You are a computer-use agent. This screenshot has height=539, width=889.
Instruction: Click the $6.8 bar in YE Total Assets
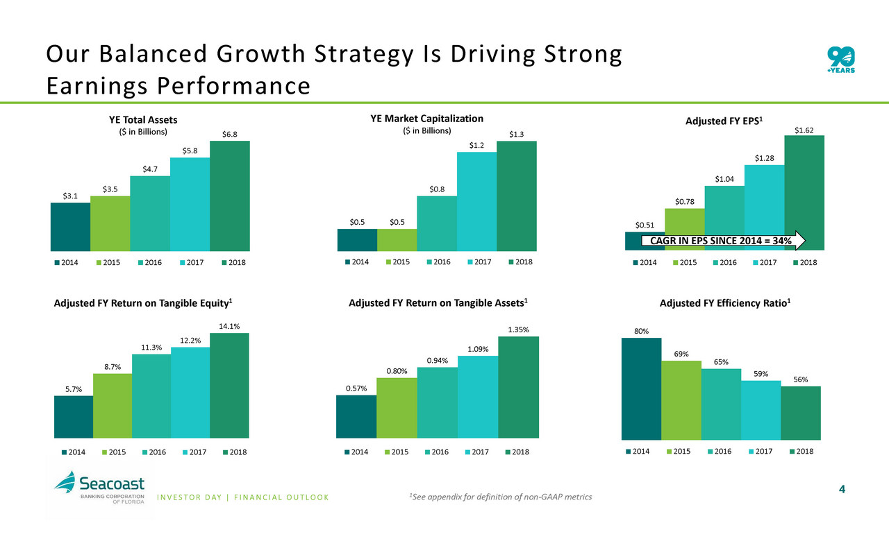(230, 196)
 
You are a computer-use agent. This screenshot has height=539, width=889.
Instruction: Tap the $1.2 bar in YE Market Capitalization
(476, 201)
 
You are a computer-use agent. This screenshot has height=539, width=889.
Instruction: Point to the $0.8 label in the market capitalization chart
(437, 189)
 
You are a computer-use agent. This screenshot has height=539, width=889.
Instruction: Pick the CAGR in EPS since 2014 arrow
(722, 241)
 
